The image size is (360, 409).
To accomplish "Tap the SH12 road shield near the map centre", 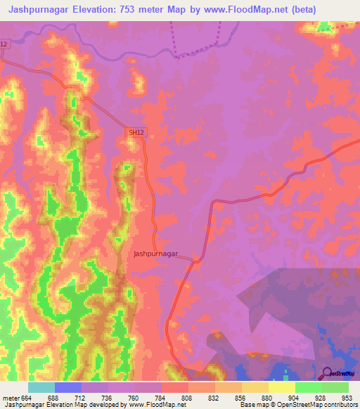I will click(135, 131).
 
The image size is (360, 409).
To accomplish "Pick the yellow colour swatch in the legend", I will click(282, 387).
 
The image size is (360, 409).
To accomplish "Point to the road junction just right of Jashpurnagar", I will click(195, 261).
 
